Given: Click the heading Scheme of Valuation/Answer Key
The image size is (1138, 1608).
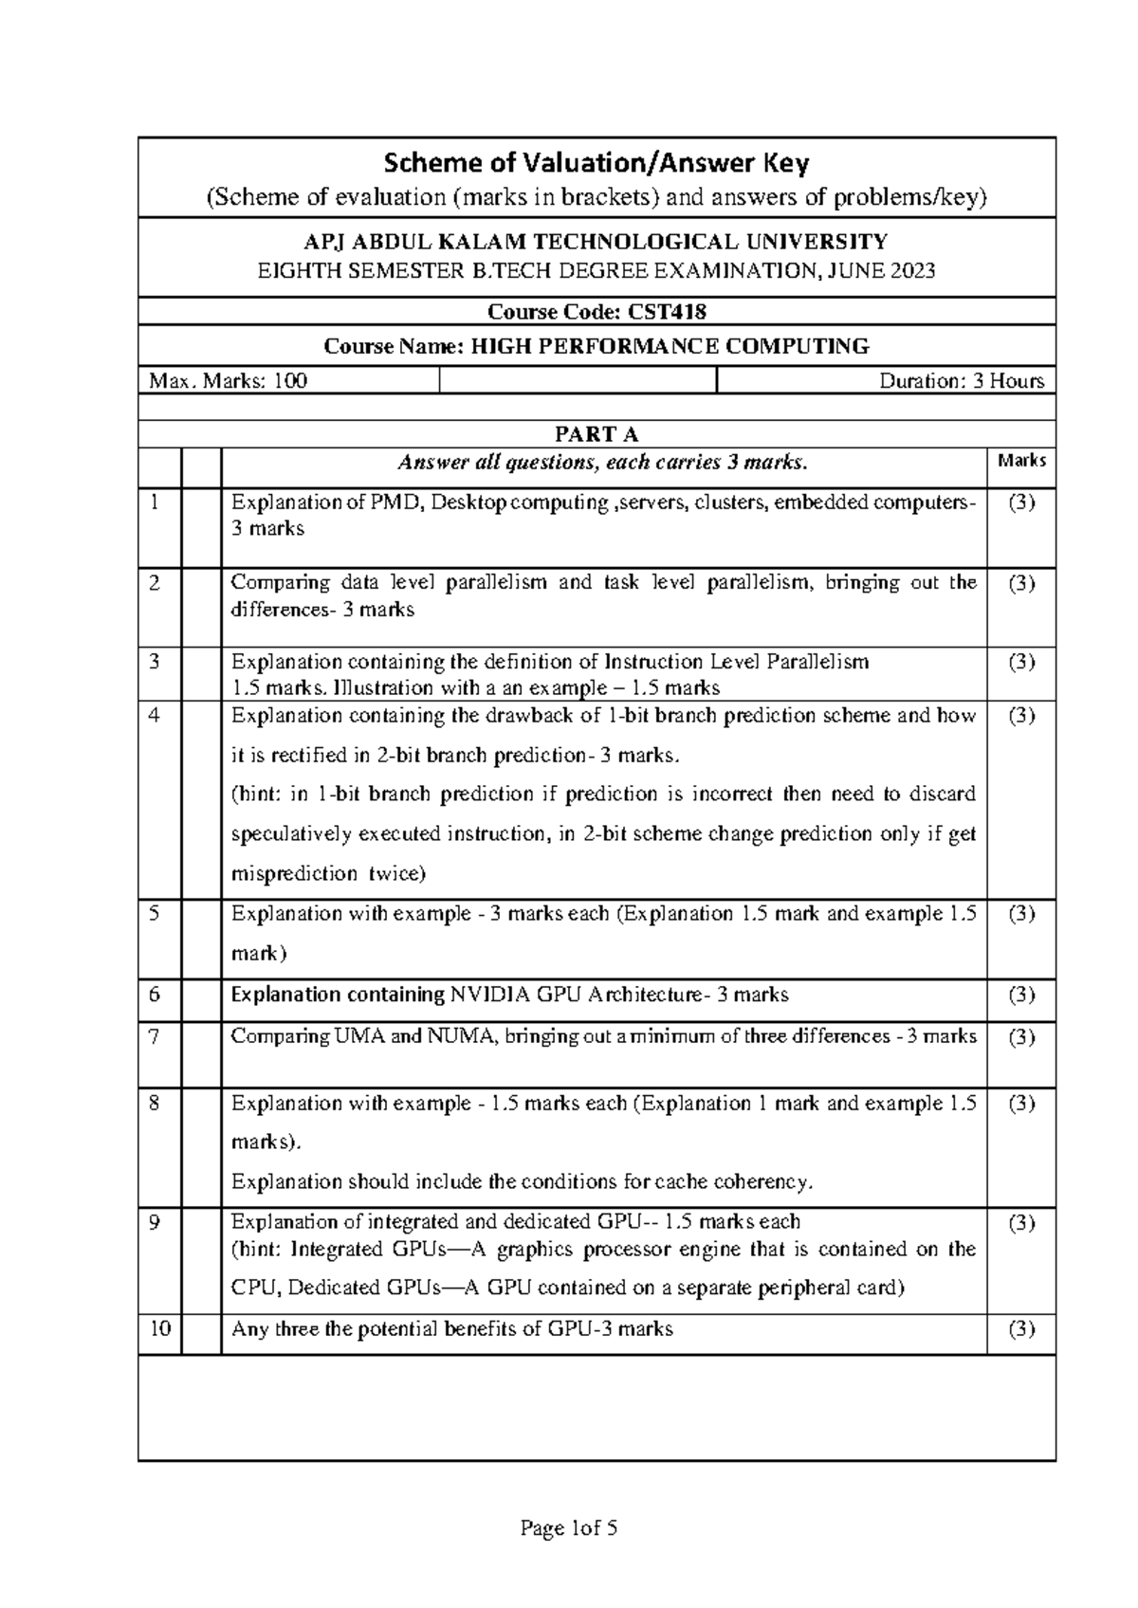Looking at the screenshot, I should point(597,164).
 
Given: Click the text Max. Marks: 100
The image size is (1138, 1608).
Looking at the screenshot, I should point(229,381).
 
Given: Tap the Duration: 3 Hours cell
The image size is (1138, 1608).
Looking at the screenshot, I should point(962,381).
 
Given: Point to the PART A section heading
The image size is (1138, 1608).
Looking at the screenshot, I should point(597,434).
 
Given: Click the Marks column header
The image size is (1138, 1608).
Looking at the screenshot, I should point(1021,461).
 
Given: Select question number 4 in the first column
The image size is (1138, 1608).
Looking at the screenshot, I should point(156,716).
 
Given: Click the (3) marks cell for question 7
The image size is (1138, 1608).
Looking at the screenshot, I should point(1021,1037).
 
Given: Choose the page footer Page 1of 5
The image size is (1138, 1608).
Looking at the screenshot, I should point(569,1527).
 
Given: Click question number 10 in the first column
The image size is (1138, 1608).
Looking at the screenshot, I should point(159,1328).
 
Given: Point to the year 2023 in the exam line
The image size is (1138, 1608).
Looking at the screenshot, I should point(911,271).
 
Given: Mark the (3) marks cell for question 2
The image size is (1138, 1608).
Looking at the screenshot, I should point(1021,583).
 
